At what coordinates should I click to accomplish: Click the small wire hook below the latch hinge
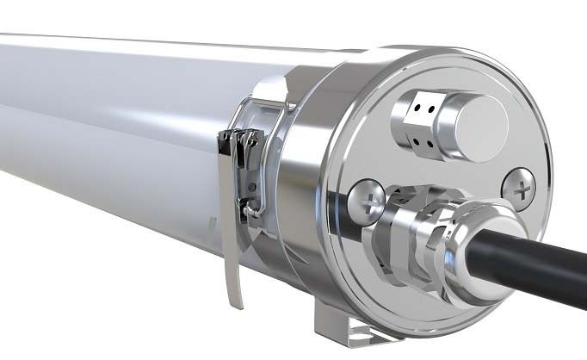pyautogui.click(x=250, y=207)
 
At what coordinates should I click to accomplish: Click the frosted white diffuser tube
pyautogui.click(x=103, y=129)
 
